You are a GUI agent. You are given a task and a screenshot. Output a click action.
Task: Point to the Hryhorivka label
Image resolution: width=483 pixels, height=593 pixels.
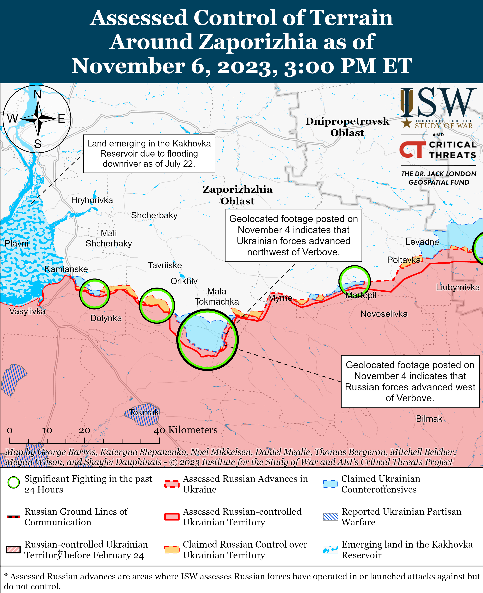click(92, 200)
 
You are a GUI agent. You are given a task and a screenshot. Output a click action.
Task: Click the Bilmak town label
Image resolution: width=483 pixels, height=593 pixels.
click(429, 419)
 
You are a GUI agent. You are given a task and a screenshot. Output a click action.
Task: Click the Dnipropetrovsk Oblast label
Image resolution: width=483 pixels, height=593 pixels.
click(347, 127)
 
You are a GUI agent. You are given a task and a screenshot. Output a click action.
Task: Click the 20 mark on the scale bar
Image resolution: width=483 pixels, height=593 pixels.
click(84, 430)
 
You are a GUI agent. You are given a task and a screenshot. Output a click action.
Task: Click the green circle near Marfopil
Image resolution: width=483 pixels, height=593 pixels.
click(354, 281)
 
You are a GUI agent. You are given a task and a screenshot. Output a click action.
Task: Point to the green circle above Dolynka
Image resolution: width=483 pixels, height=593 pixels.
click(95, 294)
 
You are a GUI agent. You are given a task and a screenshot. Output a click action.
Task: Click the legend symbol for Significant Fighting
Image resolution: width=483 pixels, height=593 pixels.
click(14, 483)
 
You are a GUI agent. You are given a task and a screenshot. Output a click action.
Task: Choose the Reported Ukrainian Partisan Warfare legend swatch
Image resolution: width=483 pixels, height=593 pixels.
click(330, 517)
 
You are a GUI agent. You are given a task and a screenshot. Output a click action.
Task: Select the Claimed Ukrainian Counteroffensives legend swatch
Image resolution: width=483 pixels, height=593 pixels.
click(330, 484)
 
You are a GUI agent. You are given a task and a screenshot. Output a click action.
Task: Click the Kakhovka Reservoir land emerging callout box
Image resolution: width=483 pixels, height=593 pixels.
click(149, 154)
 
